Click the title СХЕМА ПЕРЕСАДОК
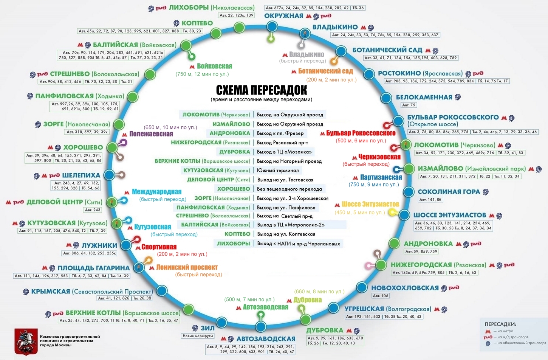coord(262,90)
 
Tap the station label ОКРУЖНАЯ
coord(283,16)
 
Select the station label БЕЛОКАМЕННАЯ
coord(424,97)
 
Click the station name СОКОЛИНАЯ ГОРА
coord(449,192)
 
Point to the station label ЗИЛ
coord(207,328)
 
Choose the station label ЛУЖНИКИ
coord(99,245)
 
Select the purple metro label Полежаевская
coord(151,133)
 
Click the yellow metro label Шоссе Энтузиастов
coord(370,204)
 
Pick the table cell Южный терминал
coord(278,171)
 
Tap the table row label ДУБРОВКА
coord(235,152)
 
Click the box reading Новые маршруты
coord(198,336)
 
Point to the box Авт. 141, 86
coord(430,200)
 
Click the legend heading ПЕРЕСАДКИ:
coord(500,324)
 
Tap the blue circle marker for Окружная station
coord(272,26)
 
